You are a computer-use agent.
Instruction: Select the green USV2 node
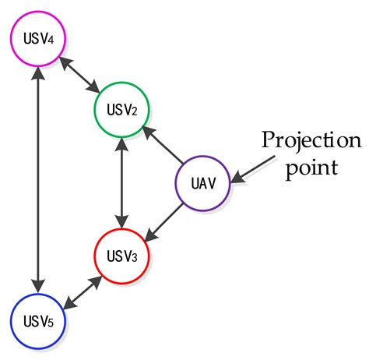(x=121, y=109)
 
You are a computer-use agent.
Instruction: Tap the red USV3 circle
(x=121, y=254)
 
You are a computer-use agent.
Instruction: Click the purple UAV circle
(x=203, y=184)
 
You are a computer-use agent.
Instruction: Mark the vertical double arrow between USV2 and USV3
(x=121, y=182)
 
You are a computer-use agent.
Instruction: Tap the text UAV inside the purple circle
(x=203, y=185)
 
